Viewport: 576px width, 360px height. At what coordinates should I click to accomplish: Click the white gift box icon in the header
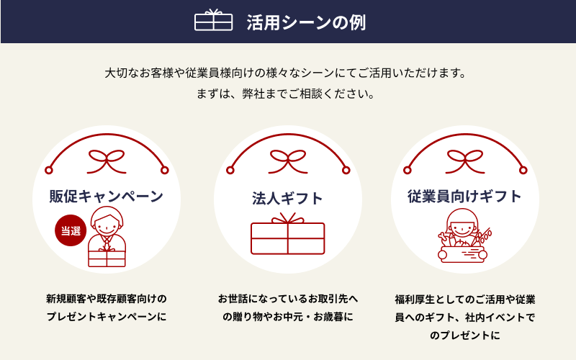(213, 20)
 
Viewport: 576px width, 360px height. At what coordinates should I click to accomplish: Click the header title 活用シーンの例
(306, 22)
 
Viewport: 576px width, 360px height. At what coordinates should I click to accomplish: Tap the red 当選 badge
(71, 230)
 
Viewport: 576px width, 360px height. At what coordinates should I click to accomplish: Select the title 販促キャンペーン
(106, 196)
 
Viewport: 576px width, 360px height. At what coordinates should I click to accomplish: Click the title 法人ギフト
(287, 199)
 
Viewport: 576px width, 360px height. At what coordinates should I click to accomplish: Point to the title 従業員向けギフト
(464, 196)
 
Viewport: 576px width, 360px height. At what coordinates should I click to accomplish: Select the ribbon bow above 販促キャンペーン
(107, 161)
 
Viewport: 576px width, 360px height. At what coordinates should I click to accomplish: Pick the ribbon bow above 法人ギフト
(287, 161)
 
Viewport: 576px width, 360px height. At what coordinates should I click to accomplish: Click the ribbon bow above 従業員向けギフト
(465, 161)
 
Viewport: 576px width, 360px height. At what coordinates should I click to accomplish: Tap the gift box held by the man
(107, 258)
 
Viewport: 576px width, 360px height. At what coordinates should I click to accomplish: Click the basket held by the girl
(462, 254)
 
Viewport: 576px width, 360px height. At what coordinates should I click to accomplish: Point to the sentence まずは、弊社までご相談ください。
(285, 94)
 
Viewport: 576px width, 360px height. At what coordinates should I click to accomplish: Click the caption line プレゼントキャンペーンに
(107, 317)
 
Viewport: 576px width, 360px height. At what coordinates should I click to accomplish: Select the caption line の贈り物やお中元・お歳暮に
(287, 317)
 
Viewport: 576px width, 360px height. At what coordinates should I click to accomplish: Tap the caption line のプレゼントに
(465, 336)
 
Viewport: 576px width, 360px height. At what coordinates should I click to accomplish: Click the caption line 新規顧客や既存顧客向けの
(107, 299)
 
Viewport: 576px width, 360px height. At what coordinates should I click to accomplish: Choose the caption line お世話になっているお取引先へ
(287, 299)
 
